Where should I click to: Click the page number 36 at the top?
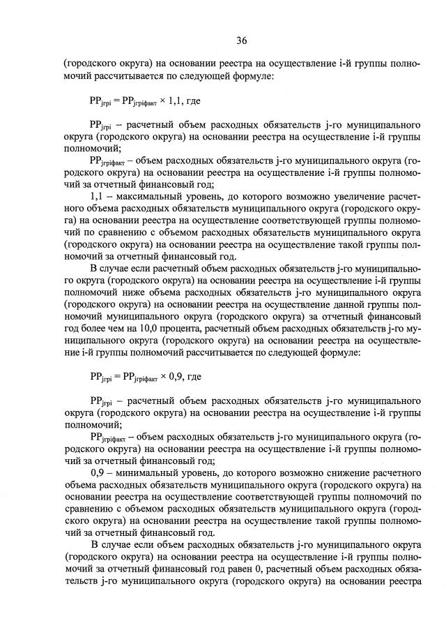coord(241,39)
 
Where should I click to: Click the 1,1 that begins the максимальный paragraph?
coord(98,196)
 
